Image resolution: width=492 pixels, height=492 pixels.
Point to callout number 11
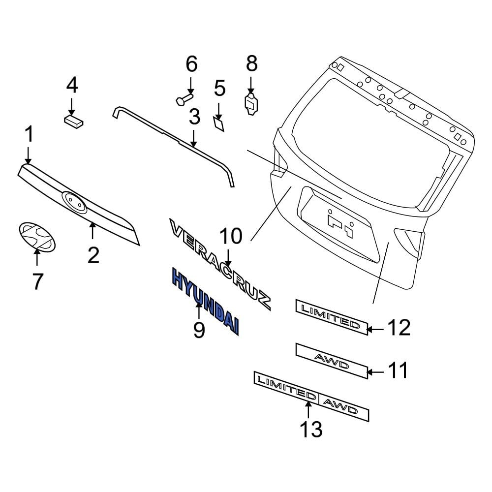coord(398,370)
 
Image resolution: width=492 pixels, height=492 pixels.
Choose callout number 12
coord(399,328)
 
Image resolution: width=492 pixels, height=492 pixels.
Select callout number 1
coord(29,135)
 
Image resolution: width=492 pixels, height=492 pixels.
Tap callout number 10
coord(230,236)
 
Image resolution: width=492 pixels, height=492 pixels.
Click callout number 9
coord(198,329)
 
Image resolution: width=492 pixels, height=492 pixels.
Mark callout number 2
coord(93,254)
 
